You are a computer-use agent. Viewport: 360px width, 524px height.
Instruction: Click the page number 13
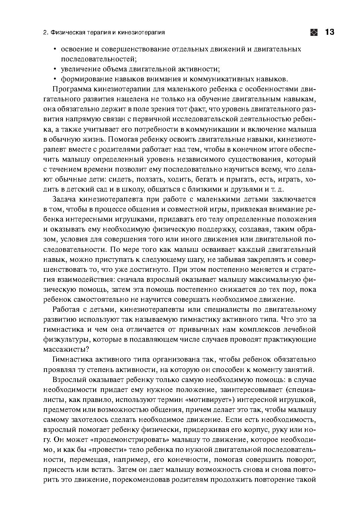pyautogui.click(x=329, y=32)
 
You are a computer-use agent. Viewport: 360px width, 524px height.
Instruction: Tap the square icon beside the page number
pyautogui.click(x=314, y=32)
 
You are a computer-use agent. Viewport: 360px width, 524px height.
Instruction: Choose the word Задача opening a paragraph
pyautogui.click(x=65, y=199)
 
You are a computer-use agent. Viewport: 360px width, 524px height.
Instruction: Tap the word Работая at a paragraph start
pyautogui.click(x=66, y=309)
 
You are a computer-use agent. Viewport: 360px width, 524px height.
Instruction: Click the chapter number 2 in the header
pyautogui.click(x=45, y=33)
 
